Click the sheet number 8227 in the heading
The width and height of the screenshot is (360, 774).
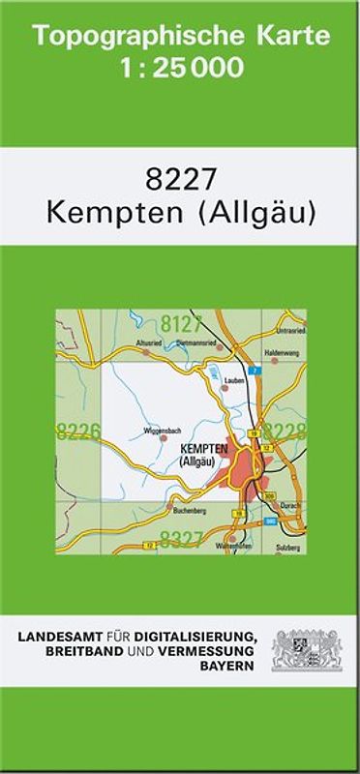181,180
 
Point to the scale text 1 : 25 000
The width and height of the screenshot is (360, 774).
180,69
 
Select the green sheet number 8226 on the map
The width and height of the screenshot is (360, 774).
77,432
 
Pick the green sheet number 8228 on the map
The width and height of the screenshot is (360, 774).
285,432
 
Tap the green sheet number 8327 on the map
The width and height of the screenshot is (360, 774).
181,539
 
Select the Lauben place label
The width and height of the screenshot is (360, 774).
233,380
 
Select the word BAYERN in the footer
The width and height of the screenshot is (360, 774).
232,667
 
